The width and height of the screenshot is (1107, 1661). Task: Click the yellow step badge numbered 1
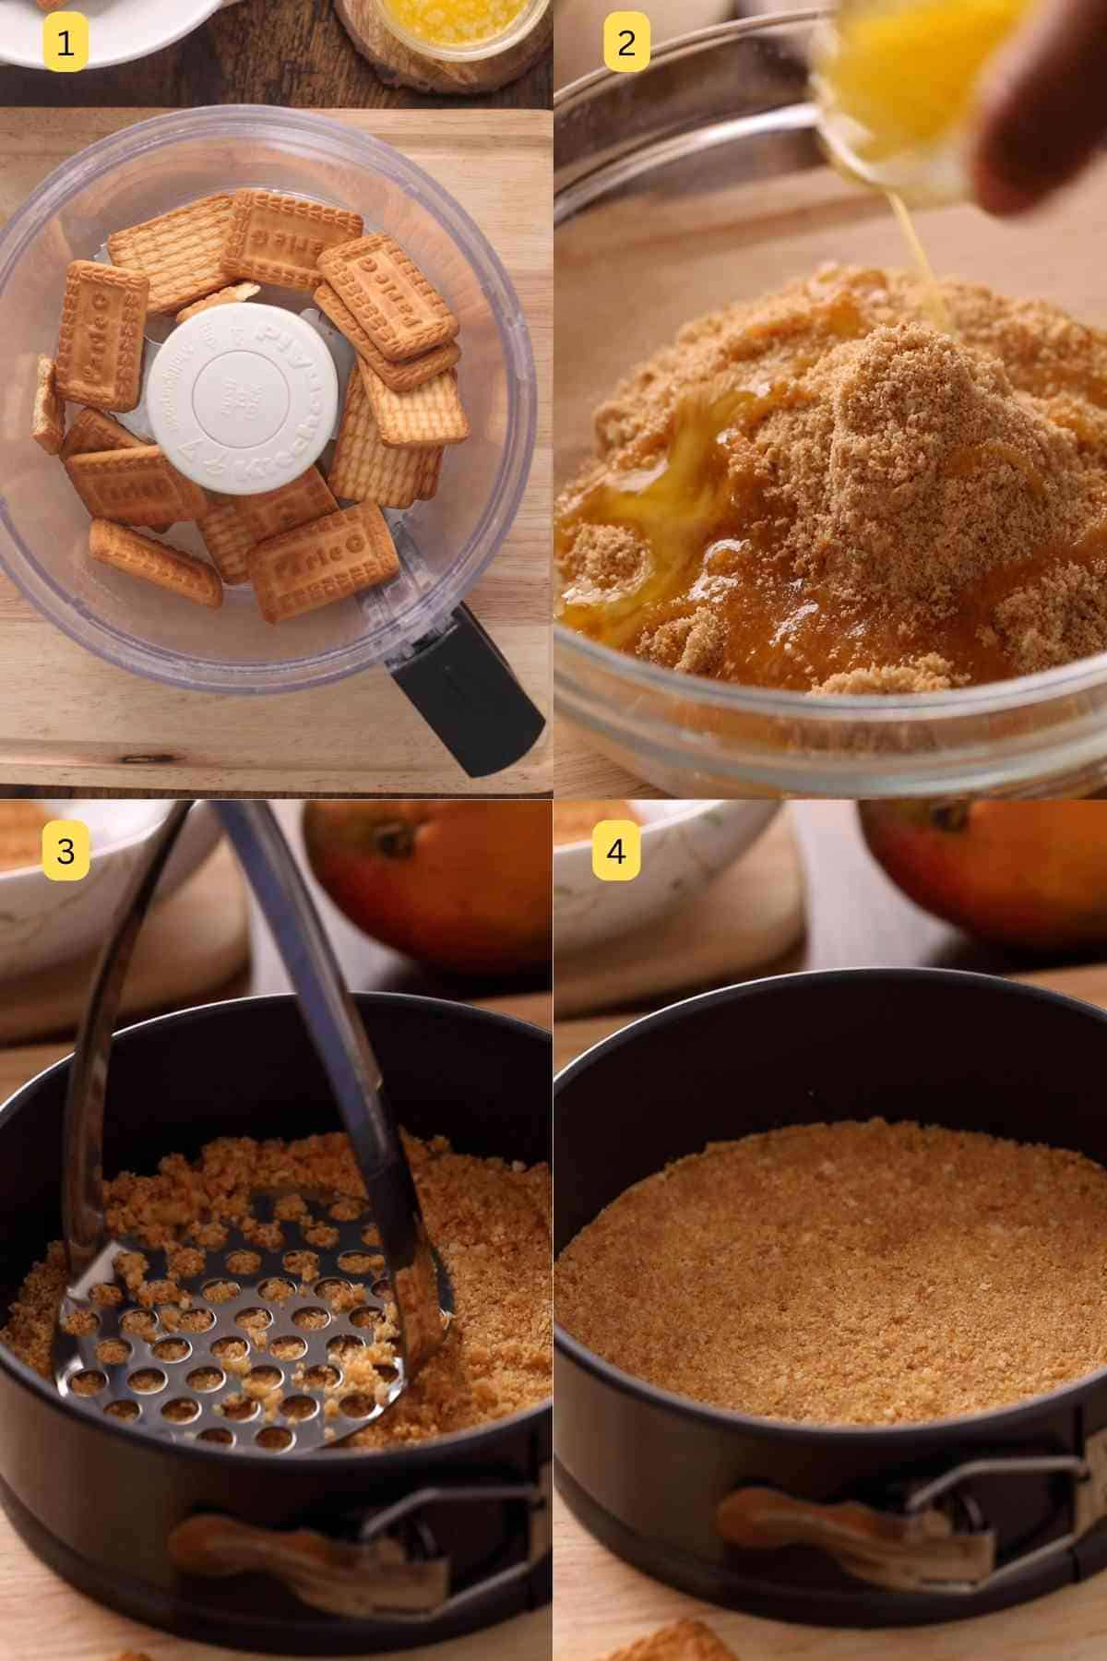[x=65, y=42]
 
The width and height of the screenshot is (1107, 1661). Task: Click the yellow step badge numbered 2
[x=626, y=42]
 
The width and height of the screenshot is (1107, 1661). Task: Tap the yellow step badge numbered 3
[x=65, y=850]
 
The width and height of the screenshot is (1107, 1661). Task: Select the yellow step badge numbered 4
[x=617, y=850]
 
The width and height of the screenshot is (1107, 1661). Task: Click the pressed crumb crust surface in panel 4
[x=830, y=1273]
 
